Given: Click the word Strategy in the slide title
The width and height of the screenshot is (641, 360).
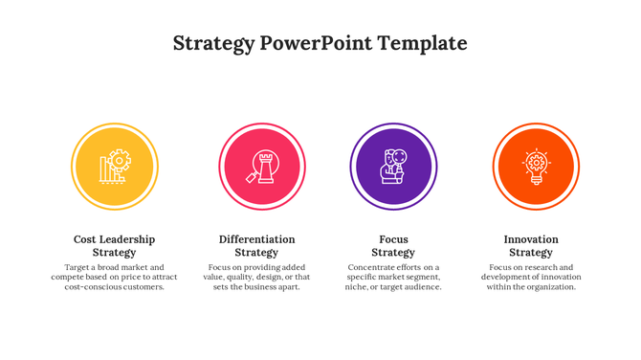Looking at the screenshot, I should pyautogui.click(x=213, y=44).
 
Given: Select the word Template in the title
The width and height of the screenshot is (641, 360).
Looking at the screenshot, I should pyautogui.click(x=422, y=43).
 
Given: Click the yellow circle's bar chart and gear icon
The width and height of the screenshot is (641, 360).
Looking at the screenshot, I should pyautogui.click(x=115, y=167).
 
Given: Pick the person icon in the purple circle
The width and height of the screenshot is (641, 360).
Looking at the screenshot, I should pyautogui.click(x=393, y=167).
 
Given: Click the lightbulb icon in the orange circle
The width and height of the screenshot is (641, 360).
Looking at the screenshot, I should pyautogui.click(x=536, y=167).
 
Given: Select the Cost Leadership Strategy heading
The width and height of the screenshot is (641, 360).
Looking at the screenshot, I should pyautogui.click(x=114, y=246).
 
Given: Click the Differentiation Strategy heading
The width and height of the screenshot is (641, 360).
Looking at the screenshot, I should pyautogui.click(x=256, y=246).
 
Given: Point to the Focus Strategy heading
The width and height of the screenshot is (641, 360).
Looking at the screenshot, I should pyautogui.click(x=393, y=246).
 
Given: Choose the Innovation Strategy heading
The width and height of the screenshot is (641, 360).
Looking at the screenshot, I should pyautogui.click(x=531, y=246).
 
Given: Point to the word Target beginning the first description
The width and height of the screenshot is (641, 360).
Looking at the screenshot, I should pyautogui.click(x=77, y=268).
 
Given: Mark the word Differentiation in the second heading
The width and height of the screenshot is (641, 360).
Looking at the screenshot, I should pyautogui.click(x=256, y=239).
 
